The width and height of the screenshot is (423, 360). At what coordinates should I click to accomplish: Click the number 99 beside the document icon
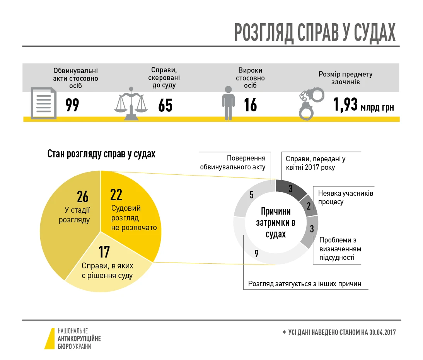pos(72,105)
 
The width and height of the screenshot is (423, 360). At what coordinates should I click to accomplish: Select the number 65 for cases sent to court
pos(165,105)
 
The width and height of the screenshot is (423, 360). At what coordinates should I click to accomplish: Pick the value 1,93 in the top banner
pos(345,105)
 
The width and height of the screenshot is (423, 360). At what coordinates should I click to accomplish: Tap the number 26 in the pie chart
pos(83,197)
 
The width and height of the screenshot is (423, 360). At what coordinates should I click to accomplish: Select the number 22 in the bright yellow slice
pos(116,195)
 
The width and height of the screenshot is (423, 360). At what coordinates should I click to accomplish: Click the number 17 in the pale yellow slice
pos(104,252)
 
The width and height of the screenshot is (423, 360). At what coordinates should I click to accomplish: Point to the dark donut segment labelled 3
pos(290,189)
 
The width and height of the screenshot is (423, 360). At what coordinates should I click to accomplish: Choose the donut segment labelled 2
pos(309,206)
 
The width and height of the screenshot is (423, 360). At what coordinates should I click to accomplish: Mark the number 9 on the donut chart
pos(256,254)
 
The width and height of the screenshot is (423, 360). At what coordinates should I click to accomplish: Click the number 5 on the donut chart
pos(252,195)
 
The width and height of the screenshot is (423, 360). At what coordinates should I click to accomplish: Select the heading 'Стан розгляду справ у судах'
pos(101,154)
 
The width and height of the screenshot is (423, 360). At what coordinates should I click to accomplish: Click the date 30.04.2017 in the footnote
pos(382,333)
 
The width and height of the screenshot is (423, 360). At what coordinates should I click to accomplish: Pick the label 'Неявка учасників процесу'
pos(345,197)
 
